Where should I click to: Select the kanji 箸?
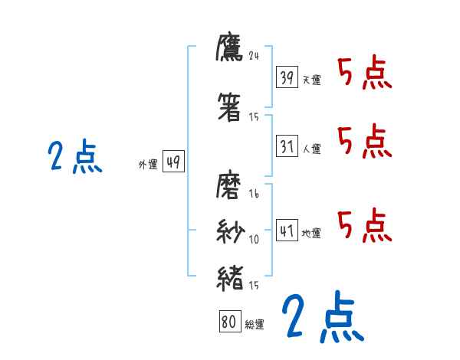(x=230, y=108)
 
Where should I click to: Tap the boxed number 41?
(x=287, y=231)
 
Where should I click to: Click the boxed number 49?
(x=173, y=162)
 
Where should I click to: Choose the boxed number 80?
(x=229, y=322)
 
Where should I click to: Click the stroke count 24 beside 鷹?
(x=255, y=55)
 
